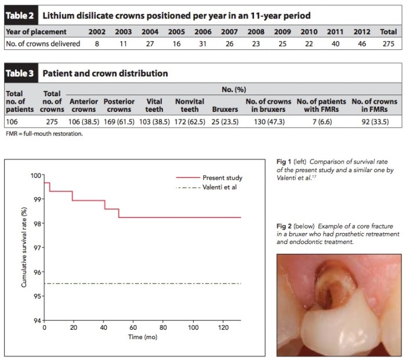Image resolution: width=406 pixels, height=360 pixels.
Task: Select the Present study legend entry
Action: pos(219,177)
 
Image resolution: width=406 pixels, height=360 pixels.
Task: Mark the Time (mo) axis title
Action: pos(142,337)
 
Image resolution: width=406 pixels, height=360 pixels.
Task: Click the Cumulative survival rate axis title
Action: pos(24,248)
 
